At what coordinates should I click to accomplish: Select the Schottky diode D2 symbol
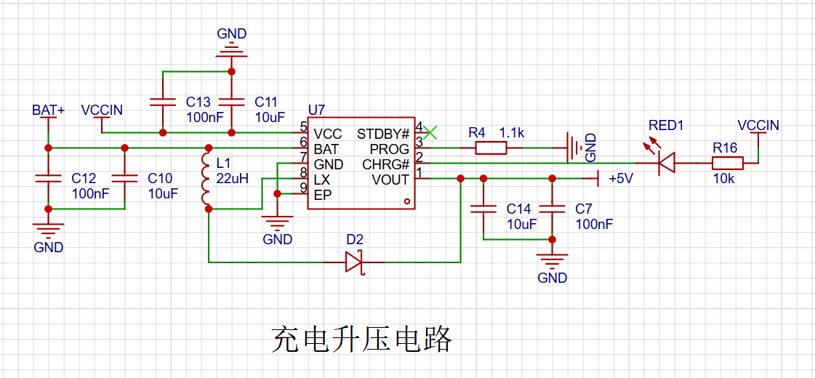(x=354, y=262)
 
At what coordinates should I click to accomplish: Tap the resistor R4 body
(x=491, y=148)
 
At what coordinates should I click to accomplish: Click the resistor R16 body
(x=727, y=164)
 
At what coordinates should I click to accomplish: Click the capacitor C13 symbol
(x=163, y=101)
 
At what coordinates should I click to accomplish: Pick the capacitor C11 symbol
(x=232, y=101)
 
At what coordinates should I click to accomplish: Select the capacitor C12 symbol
(x=48, y=178)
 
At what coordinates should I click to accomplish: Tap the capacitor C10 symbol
(x=124, y=178)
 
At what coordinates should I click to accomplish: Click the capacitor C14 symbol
(x=483, y=209)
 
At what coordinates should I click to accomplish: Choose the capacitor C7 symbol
(x=552, y=209)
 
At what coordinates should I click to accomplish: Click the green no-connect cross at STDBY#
(x=430, y=132)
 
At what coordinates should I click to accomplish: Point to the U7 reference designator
(x=316, y=110)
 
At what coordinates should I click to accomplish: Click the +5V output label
(x=621, y=179)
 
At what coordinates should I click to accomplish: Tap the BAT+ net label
(x=48, y=110)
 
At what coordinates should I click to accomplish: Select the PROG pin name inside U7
(x=389, y=149)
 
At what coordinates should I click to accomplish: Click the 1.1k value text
(x=512, y=132)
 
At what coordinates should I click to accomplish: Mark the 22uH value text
(x=232, y=178)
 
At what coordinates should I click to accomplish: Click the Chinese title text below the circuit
(x=361, y=339)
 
